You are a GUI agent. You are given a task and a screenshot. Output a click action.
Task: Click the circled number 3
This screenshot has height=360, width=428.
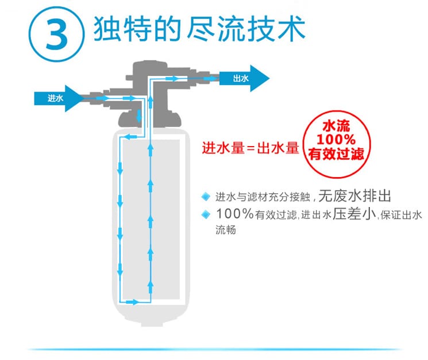(x=56, y=34)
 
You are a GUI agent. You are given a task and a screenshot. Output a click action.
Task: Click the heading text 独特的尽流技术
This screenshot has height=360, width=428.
(x=199, y=29)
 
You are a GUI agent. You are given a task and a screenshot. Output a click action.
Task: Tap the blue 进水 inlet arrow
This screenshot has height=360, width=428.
(x=59, y=98)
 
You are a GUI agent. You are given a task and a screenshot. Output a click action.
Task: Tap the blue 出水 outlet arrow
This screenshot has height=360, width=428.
(x=245, y=78)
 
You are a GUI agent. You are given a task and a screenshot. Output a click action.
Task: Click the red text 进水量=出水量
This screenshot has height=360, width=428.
(x=250, y=148)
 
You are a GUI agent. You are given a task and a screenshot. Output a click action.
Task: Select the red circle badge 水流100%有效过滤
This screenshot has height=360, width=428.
(x=337, y=144)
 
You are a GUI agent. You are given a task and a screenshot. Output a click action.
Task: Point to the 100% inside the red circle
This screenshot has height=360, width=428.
(x=336, y=139)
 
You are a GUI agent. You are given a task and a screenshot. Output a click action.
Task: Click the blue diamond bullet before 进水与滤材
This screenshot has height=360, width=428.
(x=206, y=196)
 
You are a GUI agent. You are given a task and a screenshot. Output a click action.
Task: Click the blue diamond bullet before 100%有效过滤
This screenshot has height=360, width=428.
(x=206, y=214)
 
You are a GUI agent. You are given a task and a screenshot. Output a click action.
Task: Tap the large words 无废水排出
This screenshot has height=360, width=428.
(x=354, y=196)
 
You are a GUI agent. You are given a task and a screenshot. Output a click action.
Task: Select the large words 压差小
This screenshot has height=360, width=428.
(x=354, y=213)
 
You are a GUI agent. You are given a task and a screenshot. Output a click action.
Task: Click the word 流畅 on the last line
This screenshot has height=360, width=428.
(x=226, y=229)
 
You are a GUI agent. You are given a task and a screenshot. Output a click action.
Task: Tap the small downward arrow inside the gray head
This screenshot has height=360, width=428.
(x=139, y=116)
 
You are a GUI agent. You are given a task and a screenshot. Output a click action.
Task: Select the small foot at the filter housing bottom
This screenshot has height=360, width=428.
(x=152, y=324)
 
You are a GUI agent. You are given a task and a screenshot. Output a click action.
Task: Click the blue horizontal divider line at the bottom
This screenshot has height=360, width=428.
(x=214, y=349)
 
